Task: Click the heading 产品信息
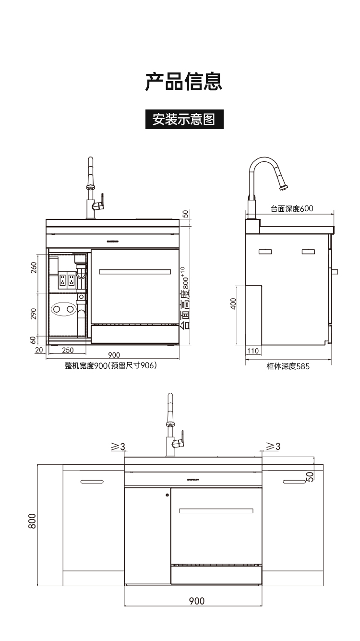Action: [184, 82]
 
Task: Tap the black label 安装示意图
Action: [184, 119]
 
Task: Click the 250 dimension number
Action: [68, 350]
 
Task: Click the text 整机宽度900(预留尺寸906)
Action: [111, 366]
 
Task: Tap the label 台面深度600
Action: [291, 208]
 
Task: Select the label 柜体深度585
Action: [288, 366]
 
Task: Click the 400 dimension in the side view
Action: [233, 304]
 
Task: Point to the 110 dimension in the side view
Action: [252, 351]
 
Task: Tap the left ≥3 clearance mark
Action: [118, 447]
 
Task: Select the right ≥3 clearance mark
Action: [273, 447]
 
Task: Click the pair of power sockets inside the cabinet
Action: [67, 279]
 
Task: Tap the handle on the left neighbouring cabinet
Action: [92, 481]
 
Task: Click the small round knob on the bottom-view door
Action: [167, 495]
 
